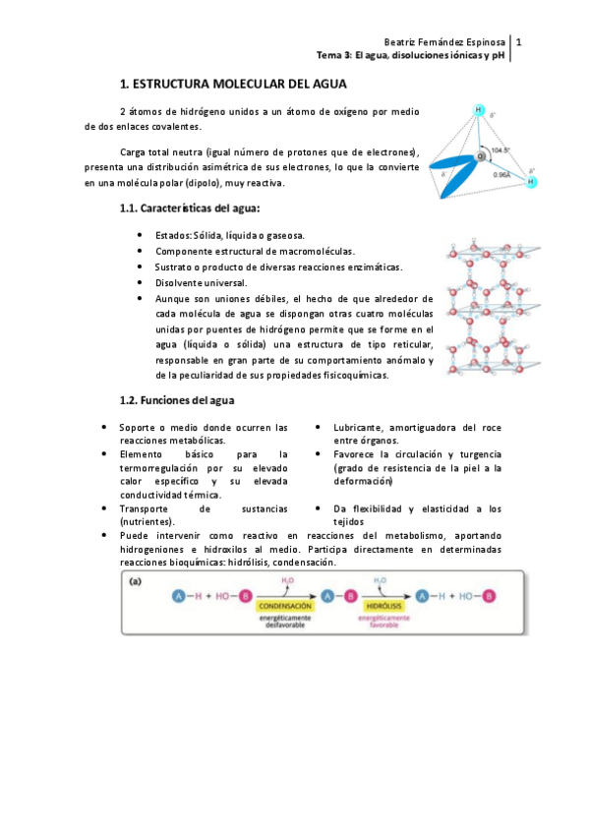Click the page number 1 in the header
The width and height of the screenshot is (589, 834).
518,42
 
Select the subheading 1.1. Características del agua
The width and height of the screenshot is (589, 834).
190,208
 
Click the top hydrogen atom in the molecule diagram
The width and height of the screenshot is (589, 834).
480,110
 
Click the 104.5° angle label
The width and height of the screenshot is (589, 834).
501,150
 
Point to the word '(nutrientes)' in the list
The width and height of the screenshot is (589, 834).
147,521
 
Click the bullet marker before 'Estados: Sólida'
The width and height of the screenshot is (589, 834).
144,236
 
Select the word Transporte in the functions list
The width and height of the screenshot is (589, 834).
147,508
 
